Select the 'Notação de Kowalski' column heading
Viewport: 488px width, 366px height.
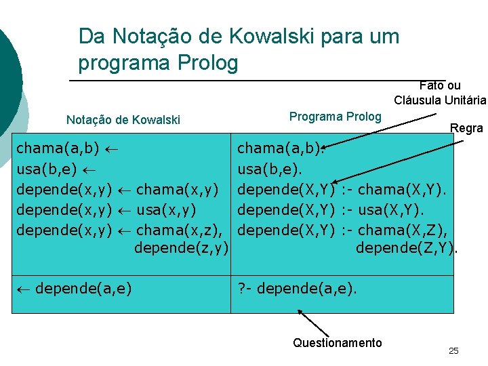point(123,120)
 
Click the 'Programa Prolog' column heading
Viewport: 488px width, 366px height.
point(335,116)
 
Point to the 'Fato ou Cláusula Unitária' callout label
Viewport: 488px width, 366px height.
point(440,93)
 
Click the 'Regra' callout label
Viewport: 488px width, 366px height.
point(466,128)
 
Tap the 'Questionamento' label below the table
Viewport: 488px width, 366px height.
point(337,343)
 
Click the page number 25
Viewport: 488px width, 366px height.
point(453,350)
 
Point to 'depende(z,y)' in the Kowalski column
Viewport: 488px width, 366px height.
point(180,249)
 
